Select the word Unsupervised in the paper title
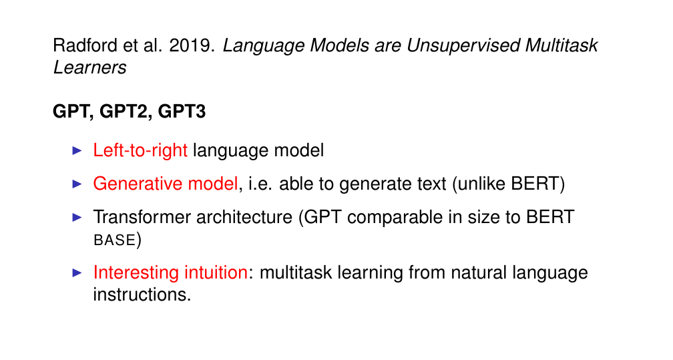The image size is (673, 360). click(x=463, y=46)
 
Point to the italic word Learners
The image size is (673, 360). click(x=89, y=67)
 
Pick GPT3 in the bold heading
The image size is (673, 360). click(x=182, y=112)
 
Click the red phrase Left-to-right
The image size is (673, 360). click(x=140, y=151)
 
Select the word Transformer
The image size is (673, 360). click(x=142, y=217)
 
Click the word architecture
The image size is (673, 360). click(x=244, y=217)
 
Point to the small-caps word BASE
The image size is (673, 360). click(x=115, y=240)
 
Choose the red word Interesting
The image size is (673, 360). click(x=136, y=273)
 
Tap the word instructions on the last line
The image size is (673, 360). click(x=142, y=295)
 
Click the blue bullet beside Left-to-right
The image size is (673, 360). click(x=77, y=151)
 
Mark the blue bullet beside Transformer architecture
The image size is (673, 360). click(x=77, y=217)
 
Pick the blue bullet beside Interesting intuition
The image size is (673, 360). click(x=77, y=273)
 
